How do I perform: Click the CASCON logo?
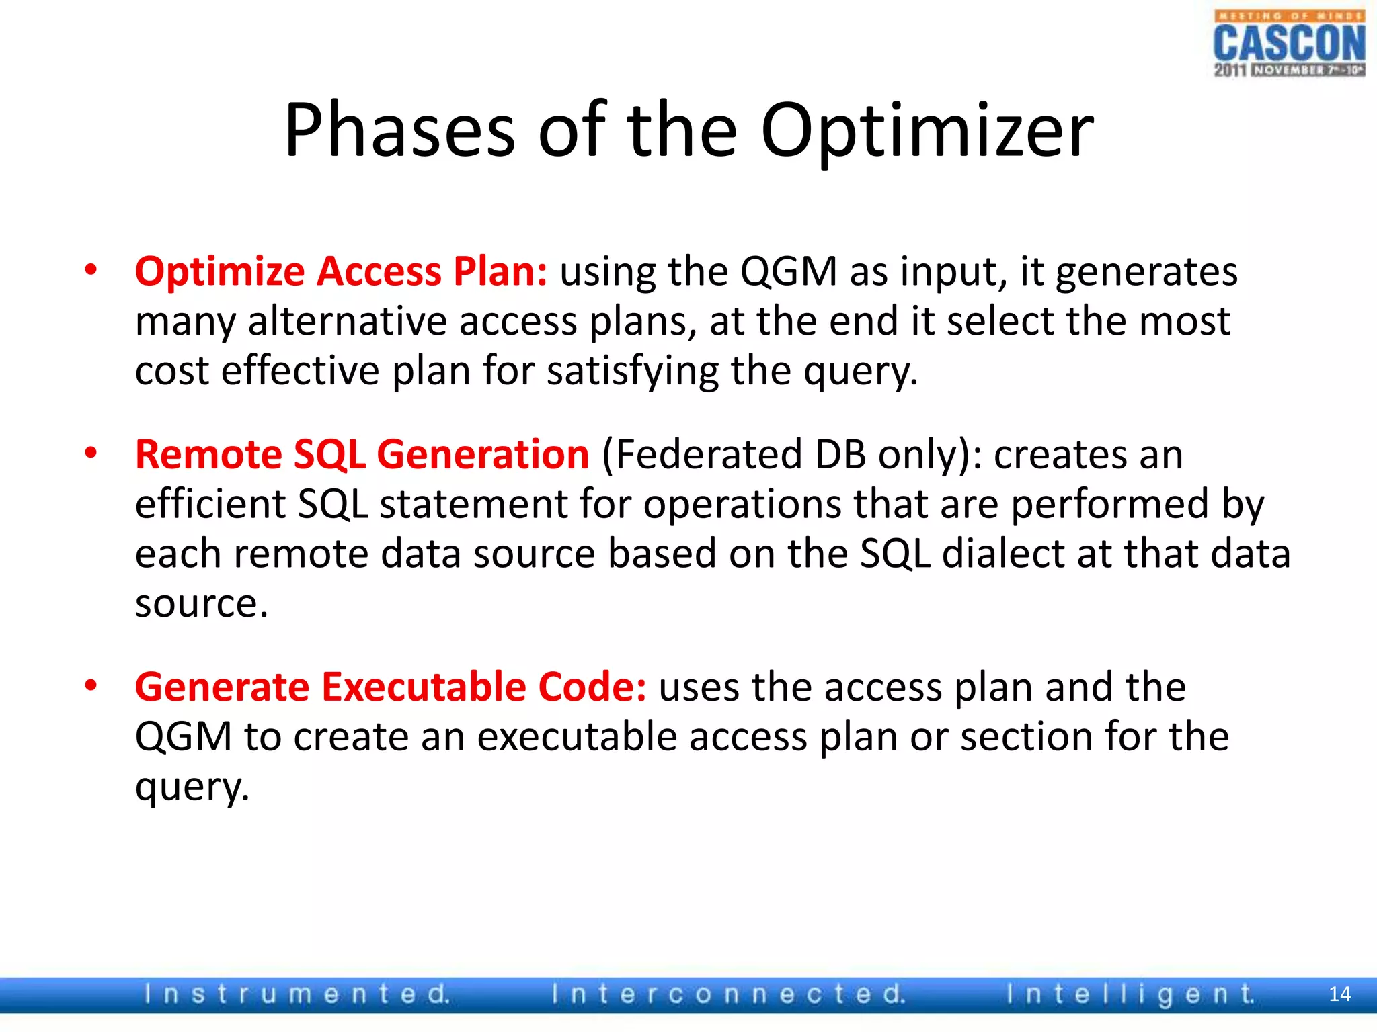1289,44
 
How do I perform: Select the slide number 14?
1339,994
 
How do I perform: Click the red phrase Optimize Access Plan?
341,271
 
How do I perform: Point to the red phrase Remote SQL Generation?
362,454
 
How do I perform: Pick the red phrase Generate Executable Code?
390,687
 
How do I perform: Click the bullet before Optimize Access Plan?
91,271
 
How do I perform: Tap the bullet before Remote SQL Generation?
91,454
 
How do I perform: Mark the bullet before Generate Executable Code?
91,686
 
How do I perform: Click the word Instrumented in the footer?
297,994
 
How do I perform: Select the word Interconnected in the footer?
728,994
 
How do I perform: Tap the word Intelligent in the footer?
1130,994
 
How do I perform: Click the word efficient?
210,504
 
